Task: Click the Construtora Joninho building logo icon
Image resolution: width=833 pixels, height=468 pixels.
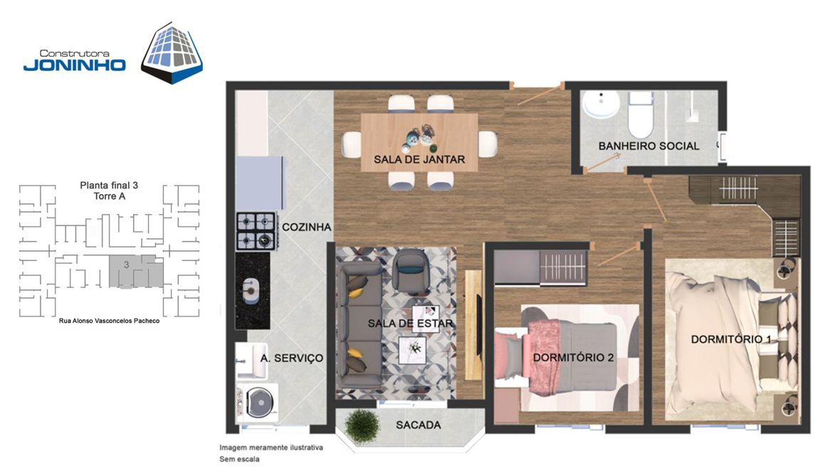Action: pos(172,53)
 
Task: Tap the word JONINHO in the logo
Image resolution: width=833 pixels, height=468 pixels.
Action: pos(74,65)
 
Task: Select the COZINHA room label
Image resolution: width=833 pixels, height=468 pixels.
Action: pos(307,227)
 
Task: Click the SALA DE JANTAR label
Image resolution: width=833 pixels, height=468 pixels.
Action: pos(419,159)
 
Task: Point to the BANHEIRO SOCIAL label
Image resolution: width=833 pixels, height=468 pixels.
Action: pos(649,146)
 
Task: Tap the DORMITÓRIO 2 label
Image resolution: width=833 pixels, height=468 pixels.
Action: pos(573,358)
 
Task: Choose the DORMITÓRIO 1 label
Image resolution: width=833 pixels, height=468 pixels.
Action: pos(731,339)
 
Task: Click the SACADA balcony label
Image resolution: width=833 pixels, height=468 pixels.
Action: pos(418,425)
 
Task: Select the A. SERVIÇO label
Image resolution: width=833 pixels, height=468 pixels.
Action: pos(292,358)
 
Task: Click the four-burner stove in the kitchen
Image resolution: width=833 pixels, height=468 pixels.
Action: pos(256,231)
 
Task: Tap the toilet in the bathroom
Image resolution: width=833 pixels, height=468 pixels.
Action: pos(640,114)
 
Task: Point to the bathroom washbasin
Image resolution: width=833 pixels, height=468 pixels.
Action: pos(601,104)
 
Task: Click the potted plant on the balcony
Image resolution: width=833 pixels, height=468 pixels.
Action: pos(363,426)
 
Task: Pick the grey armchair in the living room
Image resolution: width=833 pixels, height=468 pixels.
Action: pos(411,272)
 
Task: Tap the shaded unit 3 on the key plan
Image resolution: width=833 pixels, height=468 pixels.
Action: pos(136,271)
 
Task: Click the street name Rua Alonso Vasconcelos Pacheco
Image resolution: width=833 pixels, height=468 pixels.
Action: pos(110,321)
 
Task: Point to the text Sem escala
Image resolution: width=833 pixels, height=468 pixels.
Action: pos(240,459)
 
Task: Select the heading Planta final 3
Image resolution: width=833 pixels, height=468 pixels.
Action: pos(109,185)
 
